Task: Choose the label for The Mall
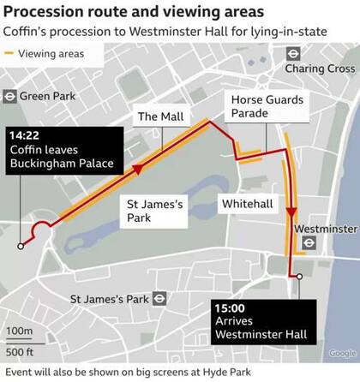[x=160, y=116]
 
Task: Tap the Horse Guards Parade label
[x=267, y=107]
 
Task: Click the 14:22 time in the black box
[x=25, y=134]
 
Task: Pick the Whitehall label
[x=247, y=204]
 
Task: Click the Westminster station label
[x=325, y=230]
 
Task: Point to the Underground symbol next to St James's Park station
[x=159, y=300]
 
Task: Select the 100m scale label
[x=19, y=331]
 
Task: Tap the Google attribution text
[x=342, y=353]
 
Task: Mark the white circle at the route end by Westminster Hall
[x=299, y=276]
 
